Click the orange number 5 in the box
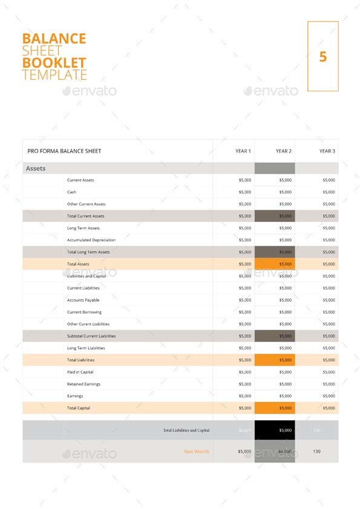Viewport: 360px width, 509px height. (x=322, y=57)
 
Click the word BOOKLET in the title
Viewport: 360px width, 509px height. (x=54, y=62)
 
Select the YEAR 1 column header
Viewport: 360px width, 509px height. (x=243, y=151)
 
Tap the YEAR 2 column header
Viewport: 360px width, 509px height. (x=284, y=151)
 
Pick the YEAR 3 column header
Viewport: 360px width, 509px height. (x=327, y=151)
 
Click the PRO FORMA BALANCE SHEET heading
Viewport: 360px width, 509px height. (x=65, y=151)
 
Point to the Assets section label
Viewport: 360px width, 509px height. (x=36, y=169)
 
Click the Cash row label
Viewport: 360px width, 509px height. (x=71, y=192)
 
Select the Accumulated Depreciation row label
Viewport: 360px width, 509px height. (x=91, y=240)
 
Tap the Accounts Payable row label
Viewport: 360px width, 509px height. (x=83, y=300)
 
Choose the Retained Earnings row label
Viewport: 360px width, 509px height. (x=83, y=384)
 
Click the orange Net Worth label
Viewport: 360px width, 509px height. (x=197, y=452)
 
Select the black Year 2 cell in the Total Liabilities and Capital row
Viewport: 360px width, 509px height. (x=275, y=430)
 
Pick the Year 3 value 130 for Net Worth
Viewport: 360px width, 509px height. (x=317, y=452)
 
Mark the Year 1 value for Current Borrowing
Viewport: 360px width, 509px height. (x=244, y=312)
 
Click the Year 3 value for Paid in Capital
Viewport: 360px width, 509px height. (x=329, y=372)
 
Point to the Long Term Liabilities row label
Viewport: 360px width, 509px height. (x=85, y=348)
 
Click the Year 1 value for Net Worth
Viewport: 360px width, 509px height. (x=244, y=452)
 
